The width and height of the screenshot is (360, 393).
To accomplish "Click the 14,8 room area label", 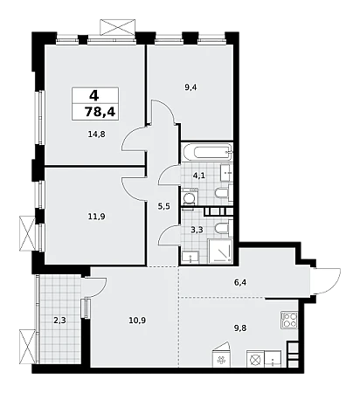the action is pyautogui.click(x=96, y=134).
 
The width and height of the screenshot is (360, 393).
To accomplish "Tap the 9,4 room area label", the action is pyautogui.click(x=190, y=87).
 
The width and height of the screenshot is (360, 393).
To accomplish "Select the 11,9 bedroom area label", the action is pyautogui.click(x=96, y=217).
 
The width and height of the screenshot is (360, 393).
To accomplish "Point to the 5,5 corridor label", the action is pyautogui.click(x=163, y=206).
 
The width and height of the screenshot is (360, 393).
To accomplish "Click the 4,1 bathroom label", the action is pyautogui.click(x=199, y=176).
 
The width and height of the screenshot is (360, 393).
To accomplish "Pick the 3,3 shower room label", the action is pyautogui.click(x=197, y=230).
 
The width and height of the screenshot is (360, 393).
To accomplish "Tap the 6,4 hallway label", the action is pyautogui.click(x=240, y=282).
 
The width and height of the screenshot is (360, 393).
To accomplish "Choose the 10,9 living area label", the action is pyautogui.click(x=137, y=321).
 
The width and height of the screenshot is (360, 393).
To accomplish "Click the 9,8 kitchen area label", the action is pyautogui.click(x=240, y=328).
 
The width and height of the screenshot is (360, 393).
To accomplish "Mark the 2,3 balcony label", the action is pyautogui.click(x=59, y=321).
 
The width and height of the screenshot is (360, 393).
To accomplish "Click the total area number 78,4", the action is pyautogui.click(x=100, y=112).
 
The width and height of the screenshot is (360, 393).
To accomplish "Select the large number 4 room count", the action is pyautogui.click(x=94, y=95).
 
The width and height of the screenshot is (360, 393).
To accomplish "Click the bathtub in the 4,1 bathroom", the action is pyautogui.click(x=207, y=151).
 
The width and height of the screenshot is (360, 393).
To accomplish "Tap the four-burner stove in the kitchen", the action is pyautogui.click(x=289, y=320).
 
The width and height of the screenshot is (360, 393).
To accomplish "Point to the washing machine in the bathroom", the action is pyautogui.click(x=190, y=197).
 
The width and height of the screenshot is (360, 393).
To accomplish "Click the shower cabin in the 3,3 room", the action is pyautogui.click(x=221, y=252).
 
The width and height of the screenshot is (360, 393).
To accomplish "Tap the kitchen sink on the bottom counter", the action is pyautogui.click(x=273, y=359).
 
